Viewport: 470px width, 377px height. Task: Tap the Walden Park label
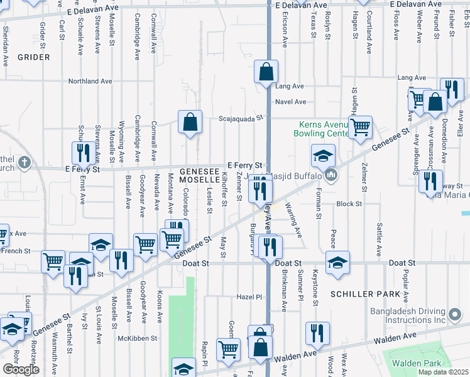412,363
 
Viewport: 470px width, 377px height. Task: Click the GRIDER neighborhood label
33,57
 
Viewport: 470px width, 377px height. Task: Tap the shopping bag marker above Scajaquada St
190,122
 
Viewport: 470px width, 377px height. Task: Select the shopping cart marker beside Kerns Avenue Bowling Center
360,126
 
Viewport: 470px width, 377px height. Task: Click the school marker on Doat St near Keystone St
337,262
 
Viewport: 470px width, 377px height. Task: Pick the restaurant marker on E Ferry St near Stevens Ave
83,152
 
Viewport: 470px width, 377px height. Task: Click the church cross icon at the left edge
25,163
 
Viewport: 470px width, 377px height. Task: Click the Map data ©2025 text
443,372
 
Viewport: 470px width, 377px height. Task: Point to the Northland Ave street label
90,82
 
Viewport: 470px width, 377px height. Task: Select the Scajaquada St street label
240,117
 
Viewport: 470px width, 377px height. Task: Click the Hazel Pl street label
249,296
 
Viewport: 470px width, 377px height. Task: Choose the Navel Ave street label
291,102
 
